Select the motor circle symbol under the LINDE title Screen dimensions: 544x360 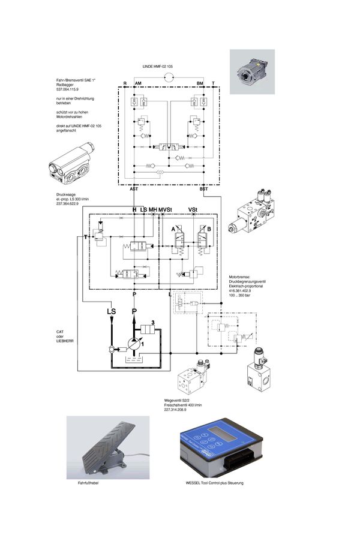click(170, 77)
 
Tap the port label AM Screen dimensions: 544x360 click(138, 83)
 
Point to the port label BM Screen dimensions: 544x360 click(200, 83)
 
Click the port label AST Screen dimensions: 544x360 click(134, 188)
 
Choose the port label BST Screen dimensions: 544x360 click(203, 188)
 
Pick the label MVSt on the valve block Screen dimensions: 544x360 click(166, 209)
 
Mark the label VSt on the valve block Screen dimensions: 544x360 click(193, 209)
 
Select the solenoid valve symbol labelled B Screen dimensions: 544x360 click(201, 238)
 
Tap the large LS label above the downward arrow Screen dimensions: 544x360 click(111, 311)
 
